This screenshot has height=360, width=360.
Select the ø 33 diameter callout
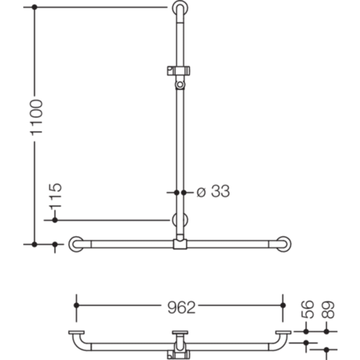[213, 192]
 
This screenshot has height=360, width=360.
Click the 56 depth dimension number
[307, 310]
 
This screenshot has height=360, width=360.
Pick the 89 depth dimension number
[328, 310]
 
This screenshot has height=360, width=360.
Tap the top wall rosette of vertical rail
[179, 8]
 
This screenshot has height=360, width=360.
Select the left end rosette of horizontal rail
[76, 243]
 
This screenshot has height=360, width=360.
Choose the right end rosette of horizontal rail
[283, 243]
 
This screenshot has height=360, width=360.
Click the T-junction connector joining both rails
[179, 243]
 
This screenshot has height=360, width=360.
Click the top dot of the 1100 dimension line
[34, 8]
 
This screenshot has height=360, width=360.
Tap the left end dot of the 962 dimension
[76, 305]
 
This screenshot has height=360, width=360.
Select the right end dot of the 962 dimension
[283, 305]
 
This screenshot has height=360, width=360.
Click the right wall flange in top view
[283, 333]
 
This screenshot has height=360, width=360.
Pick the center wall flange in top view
[179, 334]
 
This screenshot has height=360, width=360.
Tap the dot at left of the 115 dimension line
[55, 220]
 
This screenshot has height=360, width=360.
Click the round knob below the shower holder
[181, 85]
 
